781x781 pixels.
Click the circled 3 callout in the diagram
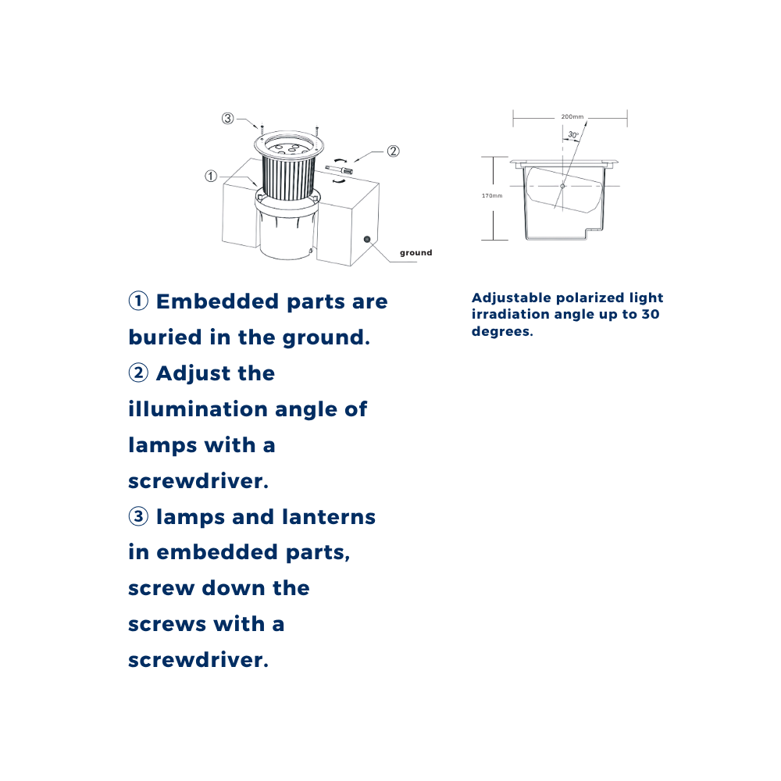[x=227, y=118]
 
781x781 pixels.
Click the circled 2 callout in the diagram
[x=393, y=151]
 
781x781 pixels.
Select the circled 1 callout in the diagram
[x=211, y=176]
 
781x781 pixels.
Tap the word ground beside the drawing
[x=416, y=252]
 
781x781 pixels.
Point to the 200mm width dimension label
[x=572, y=116]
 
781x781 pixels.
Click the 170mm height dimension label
[x=492, y=196]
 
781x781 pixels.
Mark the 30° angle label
[x=573, y=135]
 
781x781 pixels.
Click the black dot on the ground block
[x=367, y=239]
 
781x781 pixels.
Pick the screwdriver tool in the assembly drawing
[x=339, y=169]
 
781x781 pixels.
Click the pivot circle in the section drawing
[x=562, y=187]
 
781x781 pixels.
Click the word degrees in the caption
[x=502, y=332]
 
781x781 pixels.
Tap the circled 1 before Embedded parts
[x=138, y=301]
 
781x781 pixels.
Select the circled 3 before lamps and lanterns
[x=138, y=516]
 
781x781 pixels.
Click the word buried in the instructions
[x=166, y=337]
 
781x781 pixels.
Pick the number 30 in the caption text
[x=651, y=314]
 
